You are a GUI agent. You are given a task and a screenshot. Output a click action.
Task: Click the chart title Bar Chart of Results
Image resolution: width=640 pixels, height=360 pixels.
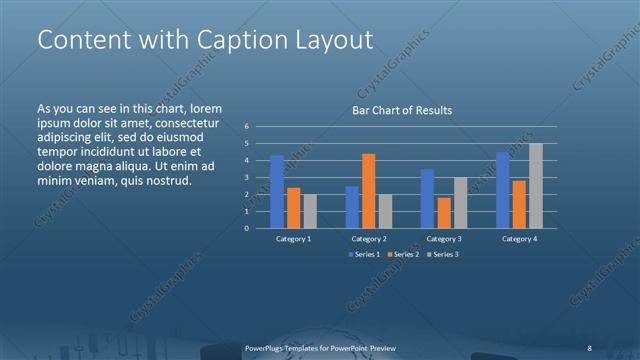pos(402,110)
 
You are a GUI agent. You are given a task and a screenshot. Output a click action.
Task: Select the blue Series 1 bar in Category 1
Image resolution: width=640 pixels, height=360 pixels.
pos(277,191)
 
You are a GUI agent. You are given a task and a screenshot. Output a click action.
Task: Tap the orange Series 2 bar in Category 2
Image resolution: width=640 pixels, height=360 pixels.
pos(369,190)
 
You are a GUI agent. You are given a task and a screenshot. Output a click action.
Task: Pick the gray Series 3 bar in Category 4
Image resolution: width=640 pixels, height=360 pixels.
pos(536,185)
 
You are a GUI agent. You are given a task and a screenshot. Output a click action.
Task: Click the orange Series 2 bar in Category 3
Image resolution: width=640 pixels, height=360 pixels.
pos(444,212)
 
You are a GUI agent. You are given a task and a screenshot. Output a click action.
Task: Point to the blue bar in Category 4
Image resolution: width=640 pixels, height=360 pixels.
pos(503,189)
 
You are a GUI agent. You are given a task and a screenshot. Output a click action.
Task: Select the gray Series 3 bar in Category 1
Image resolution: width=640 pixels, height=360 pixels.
pos(310,210)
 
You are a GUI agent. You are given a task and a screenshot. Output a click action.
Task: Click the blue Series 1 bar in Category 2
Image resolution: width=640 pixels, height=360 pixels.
pos(352,206)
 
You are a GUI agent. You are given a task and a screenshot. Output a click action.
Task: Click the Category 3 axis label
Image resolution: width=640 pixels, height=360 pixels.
pos(444,239)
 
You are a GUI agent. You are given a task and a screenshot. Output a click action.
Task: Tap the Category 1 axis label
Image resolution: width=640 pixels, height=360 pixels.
pos(293,239)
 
